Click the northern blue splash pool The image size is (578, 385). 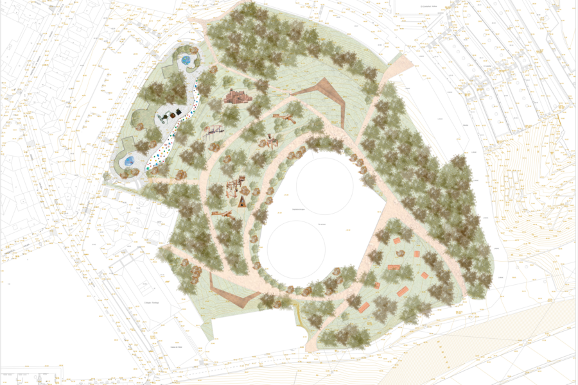click(186, 61)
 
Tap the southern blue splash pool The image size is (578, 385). click(129, 160)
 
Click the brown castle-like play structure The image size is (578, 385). click(238, 97)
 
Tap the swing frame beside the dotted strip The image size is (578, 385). click(213, 132)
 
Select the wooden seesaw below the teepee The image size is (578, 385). click(222, 214)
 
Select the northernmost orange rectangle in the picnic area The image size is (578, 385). click(398, 241)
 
